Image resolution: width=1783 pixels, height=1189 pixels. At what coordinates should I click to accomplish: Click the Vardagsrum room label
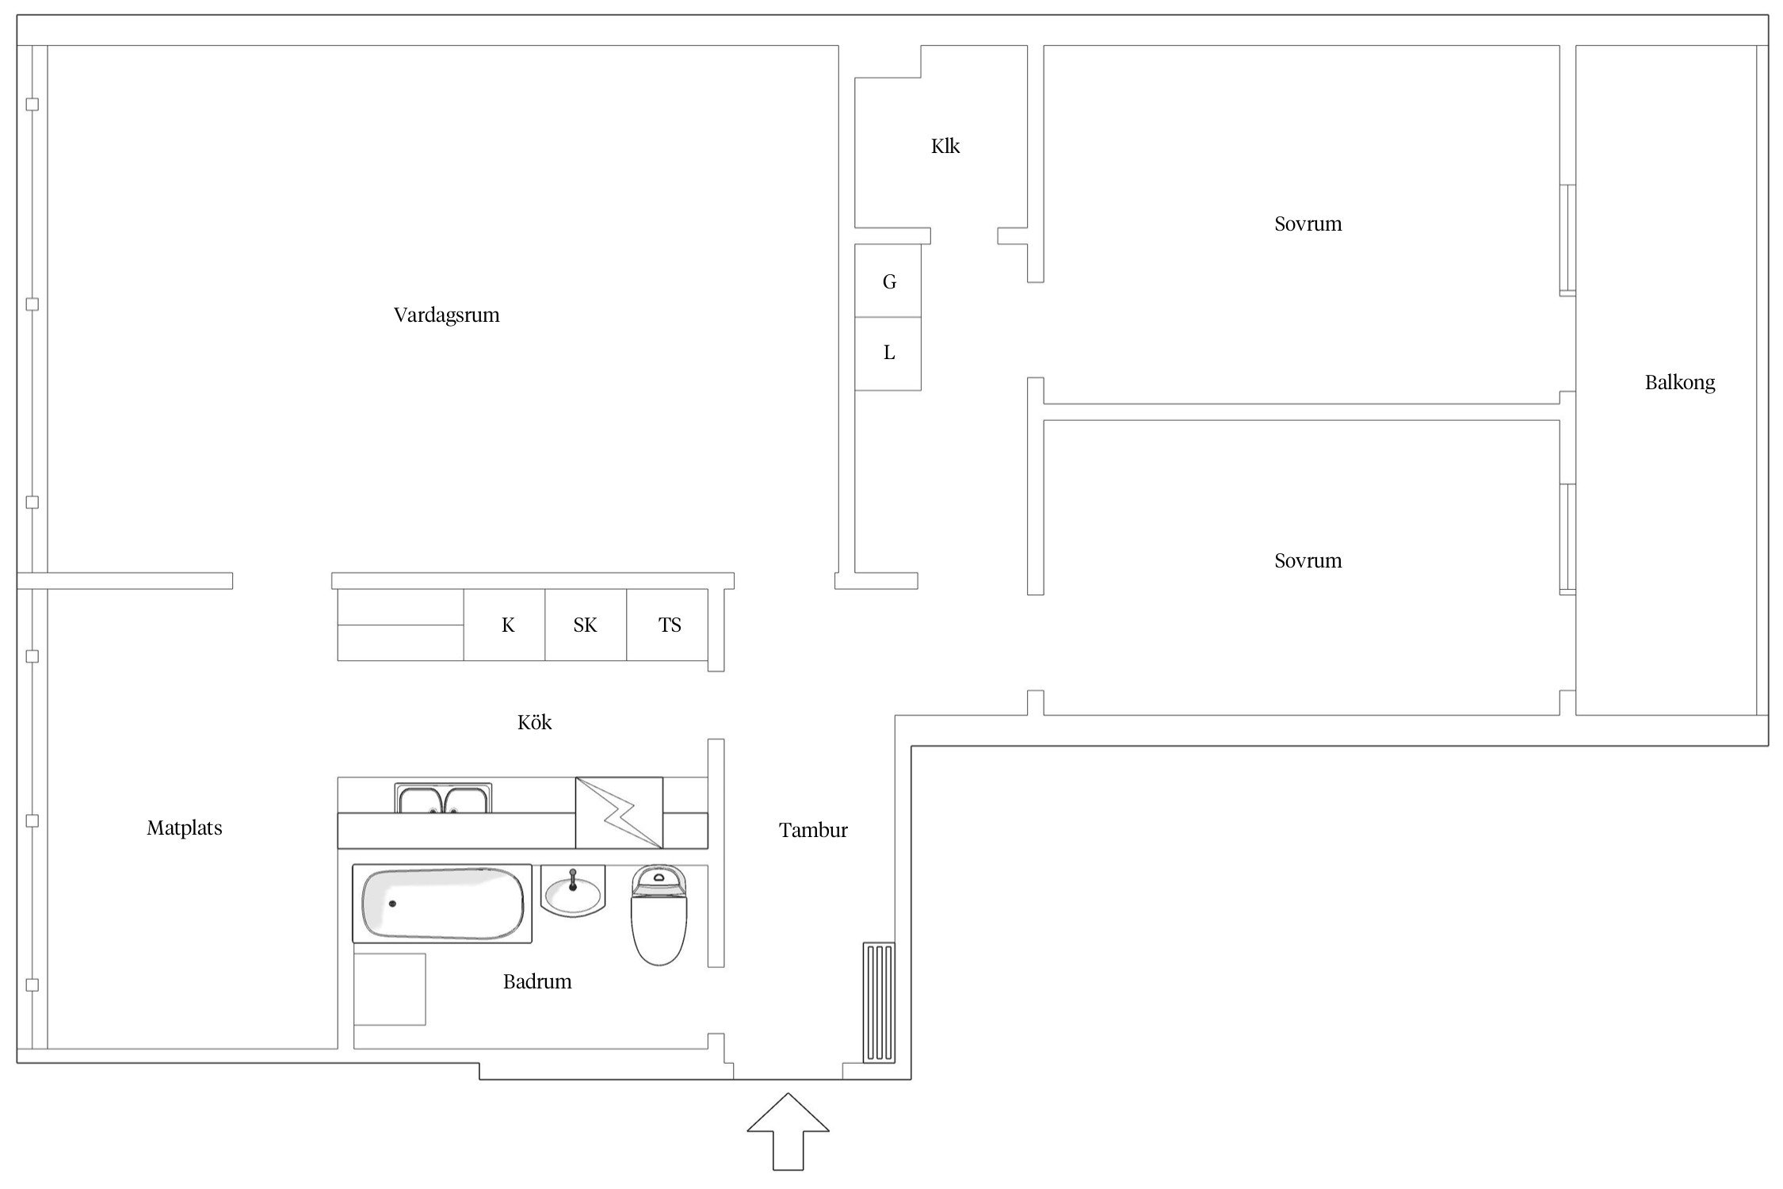click(x=446, y=315)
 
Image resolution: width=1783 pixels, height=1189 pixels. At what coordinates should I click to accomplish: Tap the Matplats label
click(x=184, y=828)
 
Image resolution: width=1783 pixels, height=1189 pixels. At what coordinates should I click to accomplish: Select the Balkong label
click(x=1679, y=383)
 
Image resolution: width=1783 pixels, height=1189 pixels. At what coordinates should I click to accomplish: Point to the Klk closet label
click(x=945, y=146)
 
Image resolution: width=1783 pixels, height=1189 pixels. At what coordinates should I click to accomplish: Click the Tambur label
click(x=813, y=830)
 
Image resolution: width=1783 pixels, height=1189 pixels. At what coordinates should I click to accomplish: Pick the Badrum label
click(x=537, y=981)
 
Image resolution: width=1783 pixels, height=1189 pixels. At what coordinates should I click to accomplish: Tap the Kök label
click(x=534, y=722)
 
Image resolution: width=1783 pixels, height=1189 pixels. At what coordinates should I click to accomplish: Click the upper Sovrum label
click(x=1308, y=224)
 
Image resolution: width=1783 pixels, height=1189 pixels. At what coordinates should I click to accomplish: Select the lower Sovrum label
click(x=1308, y=561)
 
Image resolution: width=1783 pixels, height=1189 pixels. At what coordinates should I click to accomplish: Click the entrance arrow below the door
click(x=788, y=1131)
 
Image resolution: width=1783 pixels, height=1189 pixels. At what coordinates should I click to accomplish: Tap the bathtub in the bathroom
click(x=442, y=904)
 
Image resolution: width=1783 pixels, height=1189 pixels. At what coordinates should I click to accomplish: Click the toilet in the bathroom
click(x=659, y=915)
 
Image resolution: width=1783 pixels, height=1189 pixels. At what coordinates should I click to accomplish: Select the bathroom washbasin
click(x=572, y=891)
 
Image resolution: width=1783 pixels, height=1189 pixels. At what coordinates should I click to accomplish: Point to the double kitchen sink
click(x=444, y=798)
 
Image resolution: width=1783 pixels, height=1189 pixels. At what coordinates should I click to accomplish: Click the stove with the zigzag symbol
click(x=619, y=812)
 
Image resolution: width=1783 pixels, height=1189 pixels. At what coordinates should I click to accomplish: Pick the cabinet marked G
click(x=888, y=281)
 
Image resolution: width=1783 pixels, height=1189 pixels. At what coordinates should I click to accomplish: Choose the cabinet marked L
click(x=888, y=354)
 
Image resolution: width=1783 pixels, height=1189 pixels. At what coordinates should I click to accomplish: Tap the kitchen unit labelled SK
click(x=586, y=625)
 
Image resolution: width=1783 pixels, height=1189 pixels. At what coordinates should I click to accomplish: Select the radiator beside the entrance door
click(x=879, y=1002)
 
